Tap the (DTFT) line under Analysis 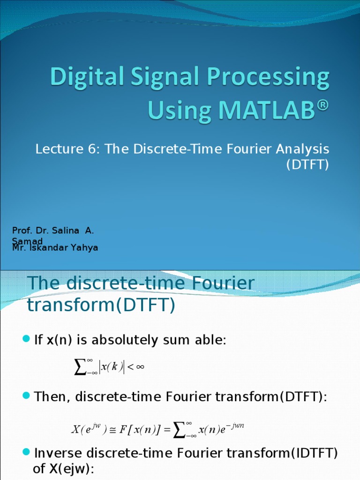click(x=307, y=165)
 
